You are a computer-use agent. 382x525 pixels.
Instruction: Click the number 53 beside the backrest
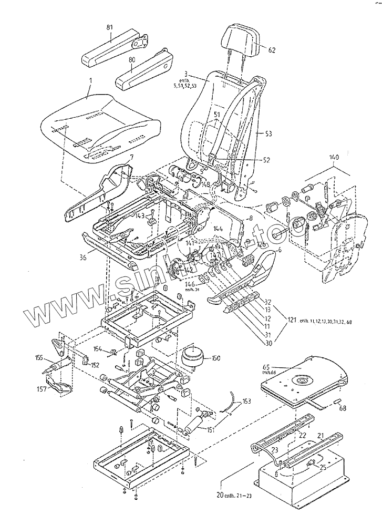coord(268,135)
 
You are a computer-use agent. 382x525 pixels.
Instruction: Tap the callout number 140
coord(335,157)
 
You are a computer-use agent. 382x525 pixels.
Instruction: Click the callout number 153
coord(246,402)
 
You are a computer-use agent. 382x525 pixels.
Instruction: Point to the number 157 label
coord(40,389)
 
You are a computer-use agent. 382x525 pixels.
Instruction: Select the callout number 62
coord(272,50)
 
